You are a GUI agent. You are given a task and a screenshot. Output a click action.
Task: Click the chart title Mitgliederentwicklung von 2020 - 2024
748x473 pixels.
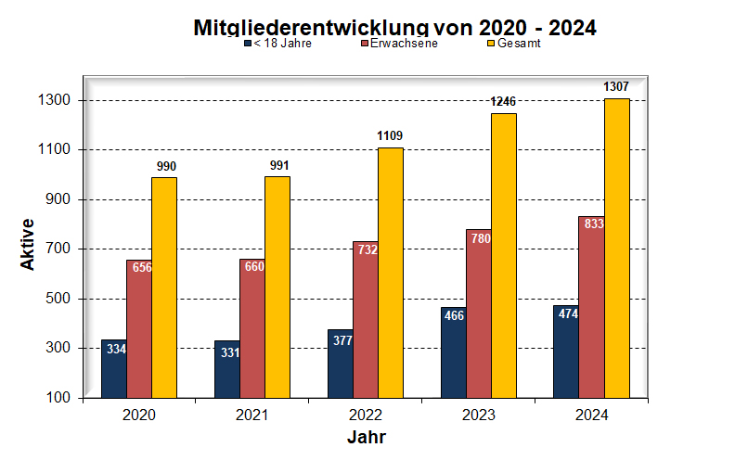(x=394, y=27)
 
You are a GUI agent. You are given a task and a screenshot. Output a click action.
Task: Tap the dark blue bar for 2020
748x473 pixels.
(x=114, y=368)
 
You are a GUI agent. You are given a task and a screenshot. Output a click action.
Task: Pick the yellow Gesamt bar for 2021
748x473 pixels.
(x=277, y=287)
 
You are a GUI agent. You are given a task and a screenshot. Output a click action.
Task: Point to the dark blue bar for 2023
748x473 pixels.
(x=454, y=352)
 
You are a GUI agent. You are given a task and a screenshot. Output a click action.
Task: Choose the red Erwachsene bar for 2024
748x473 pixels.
(x=591, y=306)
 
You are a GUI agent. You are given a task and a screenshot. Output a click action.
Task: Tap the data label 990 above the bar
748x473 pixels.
(x=165, y=166)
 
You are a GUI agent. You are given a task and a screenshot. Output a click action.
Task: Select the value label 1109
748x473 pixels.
(x=390, y=136)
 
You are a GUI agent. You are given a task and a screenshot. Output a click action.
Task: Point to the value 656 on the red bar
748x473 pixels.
(x=142, y=268)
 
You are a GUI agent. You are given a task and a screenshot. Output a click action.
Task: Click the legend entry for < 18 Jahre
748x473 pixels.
(x=277, y=44)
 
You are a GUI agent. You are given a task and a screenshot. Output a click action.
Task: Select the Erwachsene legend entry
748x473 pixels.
(x=398, y=44)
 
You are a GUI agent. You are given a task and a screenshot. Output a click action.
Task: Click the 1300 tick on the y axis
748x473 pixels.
(x=59, y=100)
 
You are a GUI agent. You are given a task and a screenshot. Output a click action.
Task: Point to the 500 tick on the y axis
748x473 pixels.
(x=63, y=299)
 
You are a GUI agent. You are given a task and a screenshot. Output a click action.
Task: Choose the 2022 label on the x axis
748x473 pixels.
(x=366, y=415)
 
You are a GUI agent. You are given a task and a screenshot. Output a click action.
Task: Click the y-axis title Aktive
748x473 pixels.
(x=28, y=244)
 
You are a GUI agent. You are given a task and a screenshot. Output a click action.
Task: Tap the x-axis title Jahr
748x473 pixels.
(x=366, y=437)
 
